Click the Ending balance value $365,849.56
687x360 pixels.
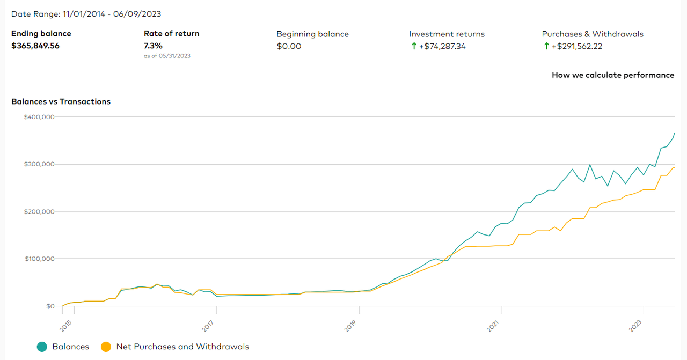[35, 46]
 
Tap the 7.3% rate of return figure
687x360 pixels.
[153, 46]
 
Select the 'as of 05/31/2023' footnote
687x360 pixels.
[167, 56]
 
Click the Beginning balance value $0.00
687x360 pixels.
[289, 46]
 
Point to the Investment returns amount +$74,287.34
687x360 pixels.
[442, 46]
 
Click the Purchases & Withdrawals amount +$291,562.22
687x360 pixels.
[576, 46]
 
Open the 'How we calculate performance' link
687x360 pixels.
[613, 75]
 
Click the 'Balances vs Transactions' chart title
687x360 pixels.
[61, 101]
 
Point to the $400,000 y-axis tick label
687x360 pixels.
[39, 117]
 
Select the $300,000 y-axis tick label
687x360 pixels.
[39, 164]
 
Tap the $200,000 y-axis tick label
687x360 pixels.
[39, 211]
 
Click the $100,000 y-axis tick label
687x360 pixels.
[39, 259]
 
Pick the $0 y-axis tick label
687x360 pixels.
[50, 306]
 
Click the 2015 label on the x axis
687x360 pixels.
[66, 325]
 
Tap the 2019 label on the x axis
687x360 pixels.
[350, 325]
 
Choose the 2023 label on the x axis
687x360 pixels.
[635, 325]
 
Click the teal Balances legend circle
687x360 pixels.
[42, 347]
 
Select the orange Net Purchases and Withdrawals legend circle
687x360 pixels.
[106, 347]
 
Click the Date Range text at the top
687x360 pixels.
[86, 14]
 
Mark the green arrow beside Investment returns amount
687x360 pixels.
[414, 46]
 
